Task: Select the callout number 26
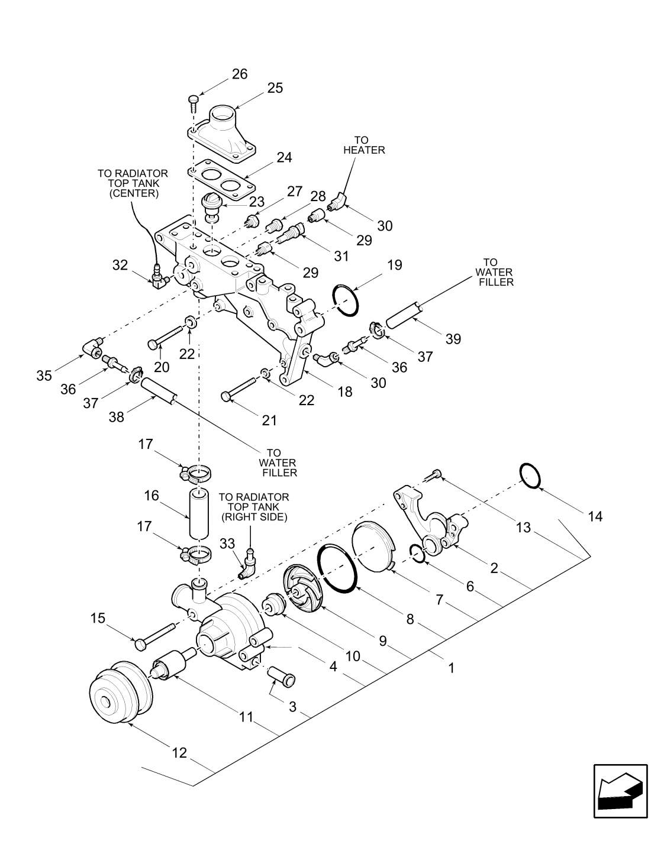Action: coord(239,73)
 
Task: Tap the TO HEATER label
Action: coord(363,145)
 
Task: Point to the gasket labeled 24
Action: coord(221,179)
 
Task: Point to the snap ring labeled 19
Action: coord(346,300)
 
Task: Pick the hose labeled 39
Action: coord(404,314)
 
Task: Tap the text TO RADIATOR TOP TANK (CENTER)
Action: coord(133,183)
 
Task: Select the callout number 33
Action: coord(227,544)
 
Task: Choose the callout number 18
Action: coord(345,392)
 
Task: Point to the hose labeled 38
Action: coord(159,392)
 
